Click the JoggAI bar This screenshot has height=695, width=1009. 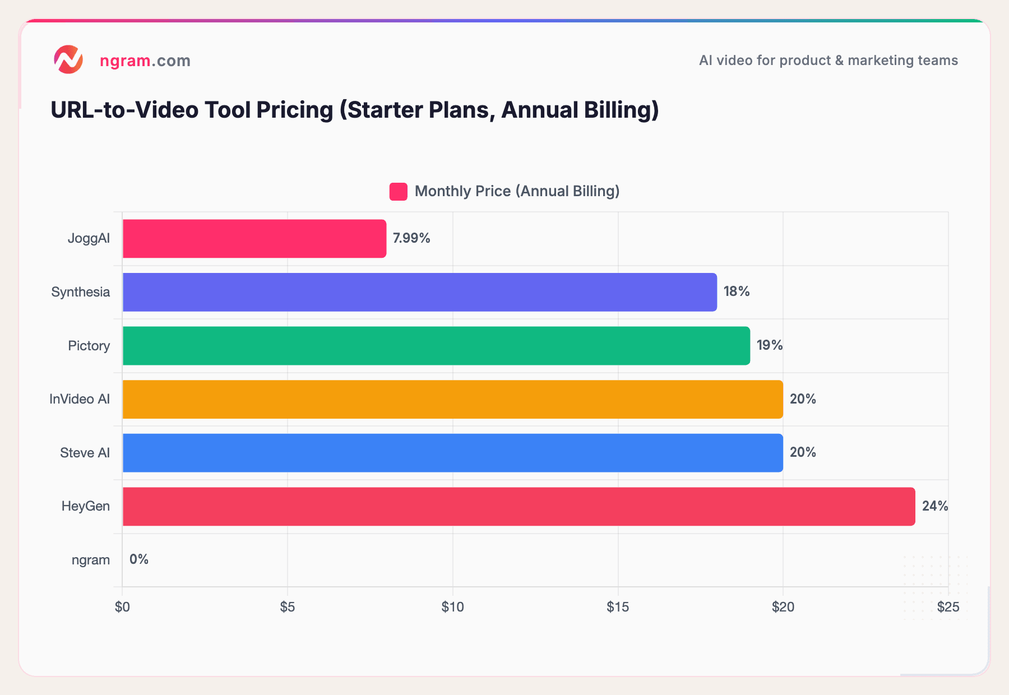tap(254, 238)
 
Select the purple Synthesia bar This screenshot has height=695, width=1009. tap(419, 292)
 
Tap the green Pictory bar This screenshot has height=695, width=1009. tap(436, 345)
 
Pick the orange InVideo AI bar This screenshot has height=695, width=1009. tap(452, 399)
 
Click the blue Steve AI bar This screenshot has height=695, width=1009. tap(452, 452)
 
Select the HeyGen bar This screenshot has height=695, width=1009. tap(519, 506)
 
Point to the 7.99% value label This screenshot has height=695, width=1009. tap(411, 238)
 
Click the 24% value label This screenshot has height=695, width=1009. tap(934, 506)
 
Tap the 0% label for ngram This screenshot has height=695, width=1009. tap(138, 559)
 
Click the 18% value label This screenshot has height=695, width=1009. tap(736, 291)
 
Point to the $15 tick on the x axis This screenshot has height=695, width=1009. tap(618, 607)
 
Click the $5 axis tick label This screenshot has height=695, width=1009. tap(287, 607)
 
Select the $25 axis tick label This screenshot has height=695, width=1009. tap(948, 607)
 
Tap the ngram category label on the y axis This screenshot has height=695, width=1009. tap(91, 560)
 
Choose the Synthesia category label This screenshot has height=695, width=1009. tap(80, 292)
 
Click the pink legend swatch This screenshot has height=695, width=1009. tap(398, 192)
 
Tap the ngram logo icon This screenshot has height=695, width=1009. tap(68, 60)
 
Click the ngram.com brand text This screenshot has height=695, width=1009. tap(145, 61)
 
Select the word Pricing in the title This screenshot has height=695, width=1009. tap(294, 110)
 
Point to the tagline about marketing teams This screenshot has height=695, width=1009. tap(828, 61)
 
